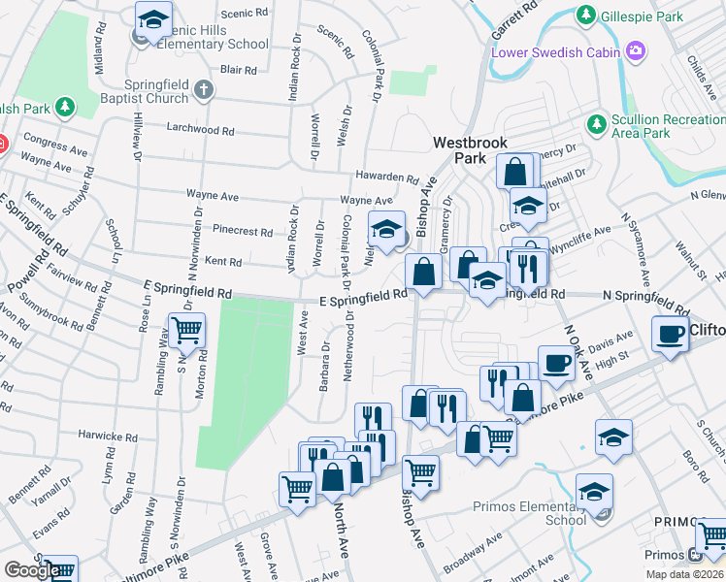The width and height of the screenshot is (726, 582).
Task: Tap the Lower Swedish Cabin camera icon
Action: pos(636,50)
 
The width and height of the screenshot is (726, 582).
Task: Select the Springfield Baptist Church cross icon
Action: pos(203,90)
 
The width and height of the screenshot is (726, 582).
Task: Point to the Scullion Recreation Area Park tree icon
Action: pos(596,122)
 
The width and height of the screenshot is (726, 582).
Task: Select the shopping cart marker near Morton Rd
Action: pos(185,330)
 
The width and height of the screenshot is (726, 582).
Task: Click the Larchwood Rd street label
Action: pos(201,129)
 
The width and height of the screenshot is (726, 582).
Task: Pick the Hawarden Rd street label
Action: pos(386,178)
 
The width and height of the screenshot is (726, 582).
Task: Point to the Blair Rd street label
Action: pos(238,70)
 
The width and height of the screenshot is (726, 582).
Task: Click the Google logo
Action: pos(31,569)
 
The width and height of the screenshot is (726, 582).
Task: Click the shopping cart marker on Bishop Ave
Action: pos(420,472)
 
